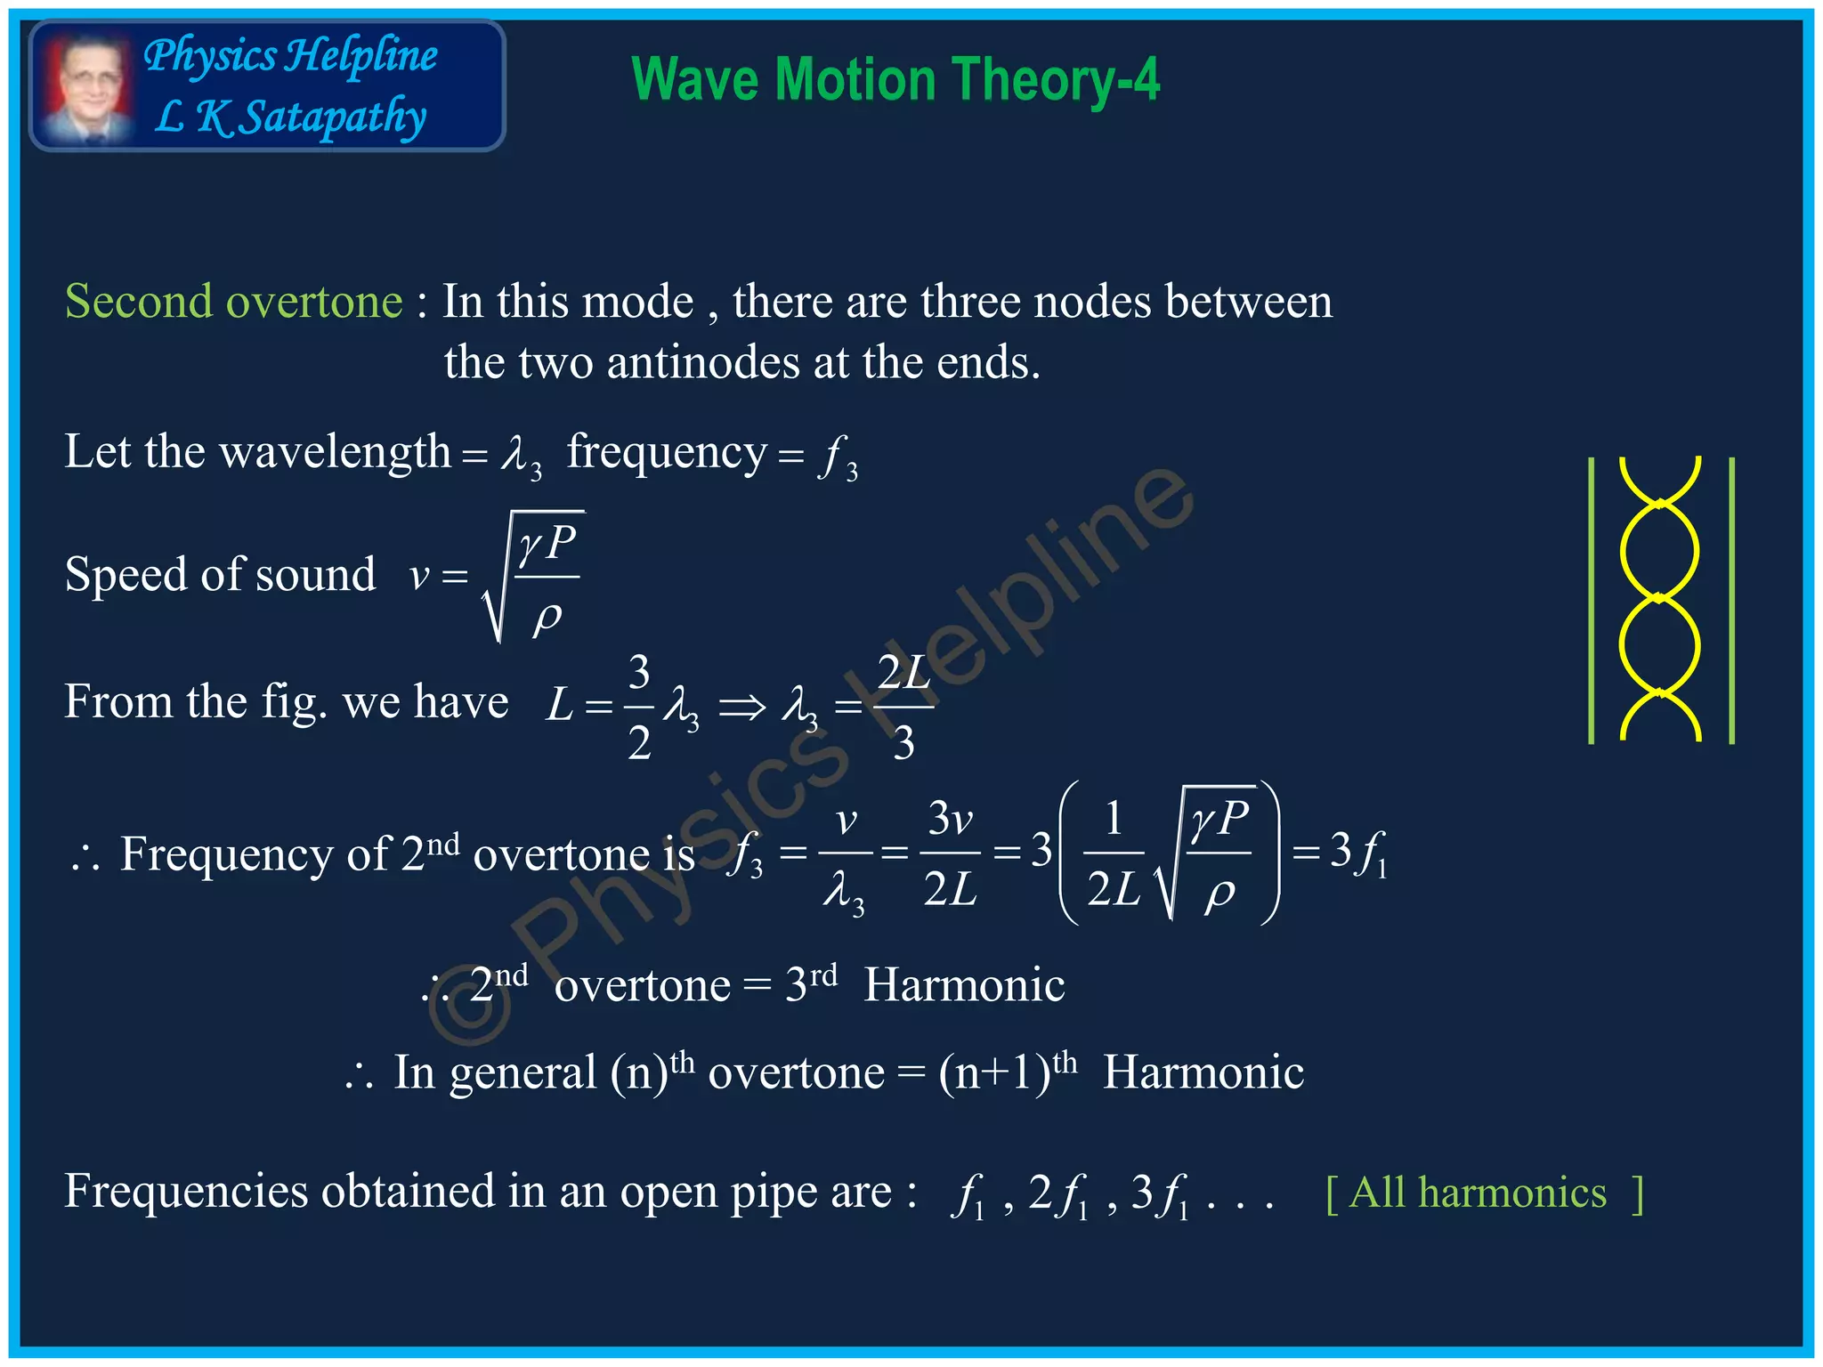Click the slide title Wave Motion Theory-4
tap(895, 80)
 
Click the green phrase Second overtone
tap(233, 302)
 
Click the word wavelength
tap(335, 451)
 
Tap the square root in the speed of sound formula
tap(532, 575)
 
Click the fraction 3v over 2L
tap(950, 853)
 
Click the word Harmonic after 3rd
tap(964, 985)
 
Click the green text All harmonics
tap(1478, 1193)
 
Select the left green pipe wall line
tap(1591, 600)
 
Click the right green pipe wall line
tap(1731, 600)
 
